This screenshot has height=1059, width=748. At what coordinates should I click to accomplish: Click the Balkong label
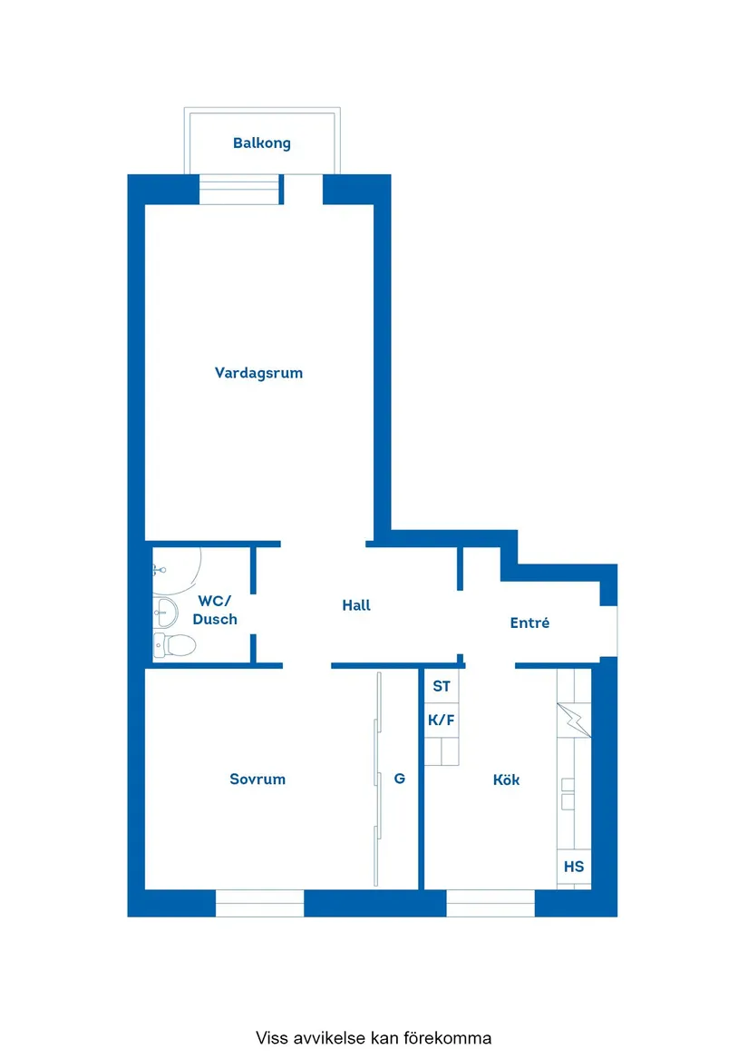262,143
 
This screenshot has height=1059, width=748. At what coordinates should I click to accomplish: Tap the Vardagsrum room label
258,373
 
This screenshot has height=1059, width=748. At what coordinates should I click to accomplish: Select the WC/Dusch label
215,610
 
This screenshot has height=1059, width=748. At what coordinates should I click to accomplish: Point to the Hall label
356,605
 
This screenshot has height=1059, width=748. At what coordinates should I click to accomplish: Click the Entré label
529,623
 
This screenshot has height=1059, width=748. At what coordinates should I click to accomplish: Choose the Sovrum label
257,779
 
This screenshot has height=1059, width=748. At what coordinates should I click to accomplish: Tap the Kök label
506,779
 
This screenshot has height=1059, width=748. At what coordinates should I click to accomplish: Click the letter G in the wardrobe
399,778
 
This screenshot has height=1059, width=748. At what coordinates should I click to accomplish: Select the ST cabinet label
442,686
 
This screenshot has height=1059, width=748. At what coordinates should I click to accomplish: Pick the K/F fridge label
442,721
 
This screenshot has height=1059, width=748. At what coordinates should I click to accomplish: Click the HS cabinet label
574,867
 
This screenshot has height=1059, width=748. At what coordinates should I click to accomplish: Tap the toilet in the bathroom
176,645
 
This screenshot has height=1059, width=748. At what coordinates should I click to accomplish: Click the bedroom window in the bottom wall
259,903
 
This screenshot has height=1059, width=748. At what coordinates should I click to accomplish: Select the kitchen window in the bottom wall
491,903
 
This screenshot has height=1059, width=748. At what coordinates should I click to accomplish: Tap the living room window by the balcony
239,191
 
